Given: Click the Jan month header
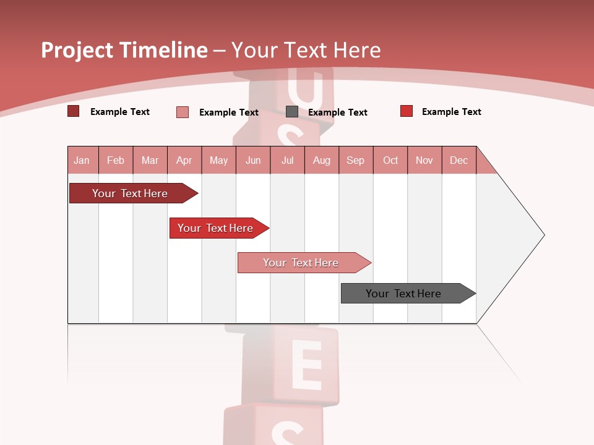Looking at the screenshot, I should pos(82,160).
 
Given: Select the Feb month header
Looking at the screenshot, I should pos(116,160).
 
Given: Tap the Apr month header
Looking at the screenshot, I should pos(184,160).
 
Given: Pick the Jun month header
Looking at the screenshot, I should pos(253,160).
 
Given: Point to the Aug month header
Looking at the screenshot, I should pos(322,160).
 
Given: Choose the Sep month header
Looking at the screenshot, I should pos(356,160).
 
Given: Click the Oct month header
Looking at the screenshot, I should pos(390,160).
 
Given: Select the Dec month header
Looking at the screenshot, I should pos(459,160).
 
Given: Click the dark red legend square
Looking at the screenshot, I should pos(74,111).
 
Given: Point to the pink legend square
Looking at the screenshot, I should pos(183,112).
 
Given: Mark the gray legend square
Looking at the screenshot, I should pos(292,112).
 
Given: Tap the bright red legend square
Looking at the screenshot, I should pos(407,111).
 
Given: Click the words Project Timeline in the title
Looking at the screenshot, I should pos(124,50).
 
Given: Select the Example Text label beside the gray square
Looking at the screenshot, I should pos(338,112).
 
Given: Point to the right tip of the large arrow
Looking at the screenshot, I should pos(543,235).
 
